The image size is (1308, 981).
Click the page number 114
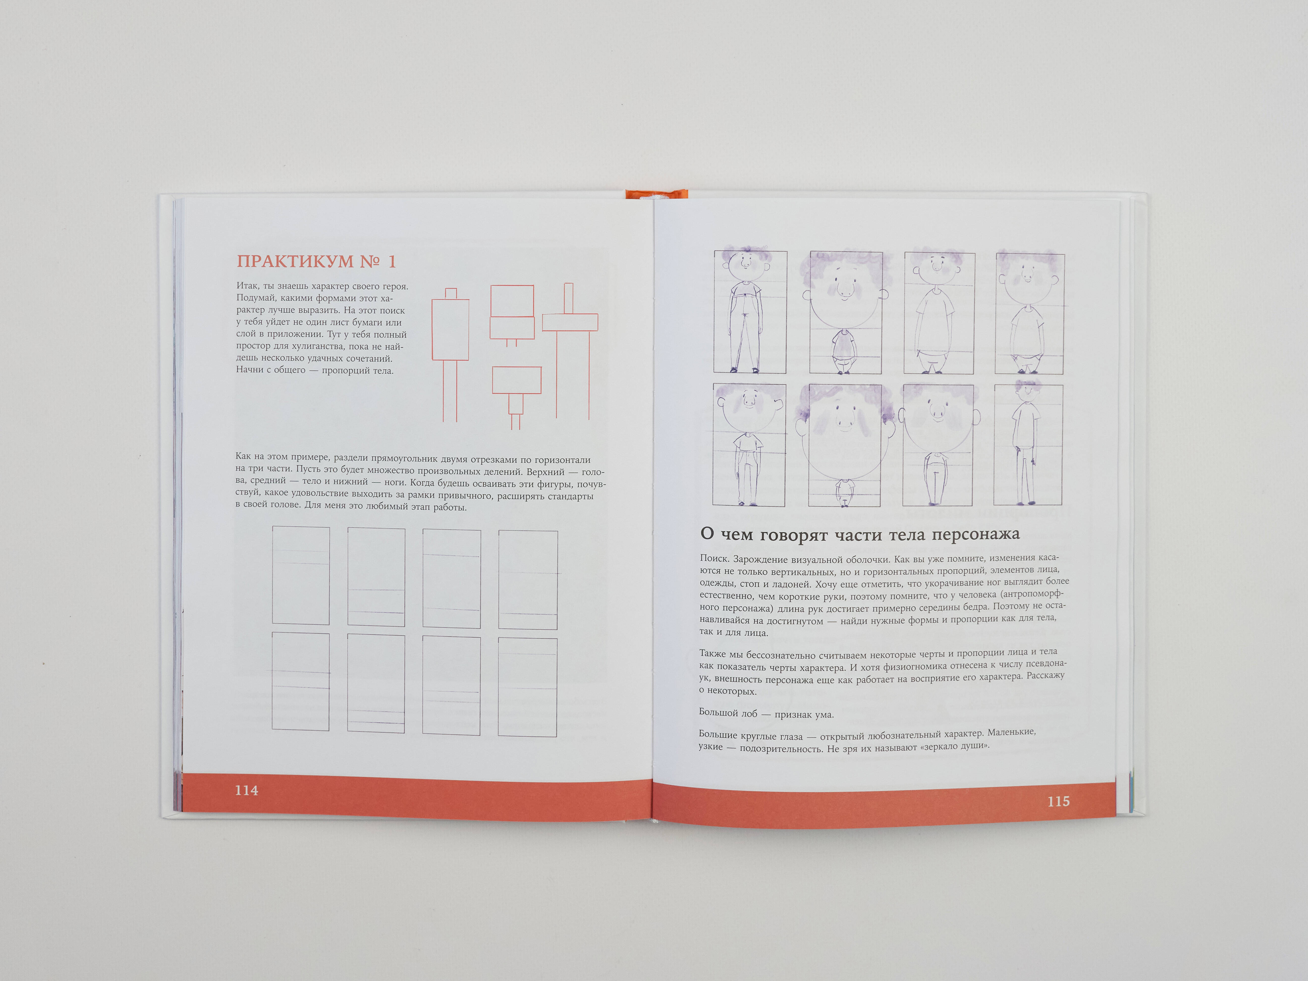[x=247, y=790]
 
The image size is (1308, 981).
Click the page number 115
[x=1058, y=801]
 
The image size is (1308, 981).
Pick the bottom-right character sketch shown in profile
[x=1028, y=444]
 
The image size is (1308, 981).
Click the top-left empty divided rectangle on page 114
[x=301, y=575]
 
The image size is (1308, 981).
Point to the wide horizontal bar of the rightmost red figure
[x=570, y=322]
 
